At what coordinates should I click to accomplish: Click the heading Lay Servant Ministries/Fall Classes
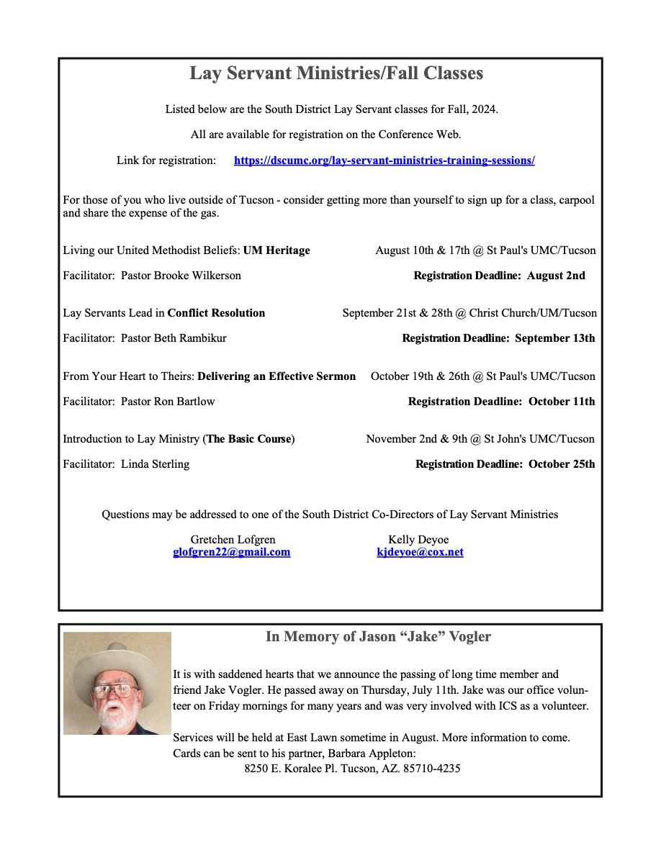pyautogui.click(x=336, y=73)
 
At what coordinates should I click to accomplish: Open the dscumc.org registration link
pyautogui.click(x=384, y=160)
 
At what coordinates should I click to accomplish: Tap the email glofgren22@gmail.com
pyautogui.click(x=232, y=552)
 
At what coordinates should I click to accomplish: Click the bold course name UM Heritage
pyautogui.click(x=276, y=250)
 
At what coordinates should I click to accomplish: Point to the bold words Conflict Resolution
pyautogui.click(x=216, y=313)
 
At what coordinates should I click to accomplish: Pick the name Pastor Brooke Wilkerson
pyautogui.click(x=181, y=276)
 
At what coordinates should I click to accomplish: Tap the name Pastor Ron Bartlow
pyautogui.click(x=168, y=402)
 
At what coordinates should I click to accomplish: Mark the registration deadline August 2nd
pyautogui.click(x=556, y=276)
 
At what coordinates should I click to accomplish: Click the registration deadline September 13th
pyautogui.click(x=555, y=338)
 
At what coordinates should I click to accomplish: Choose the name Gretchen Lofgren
pyautogui.click(x=233, y=540)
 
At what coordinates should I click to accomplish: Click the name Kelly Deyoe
pyautogui.click(x=418, y=540)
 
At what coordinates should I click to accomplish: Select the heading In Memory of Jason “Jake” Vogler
pyautogui.click(x=378, y=636)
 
